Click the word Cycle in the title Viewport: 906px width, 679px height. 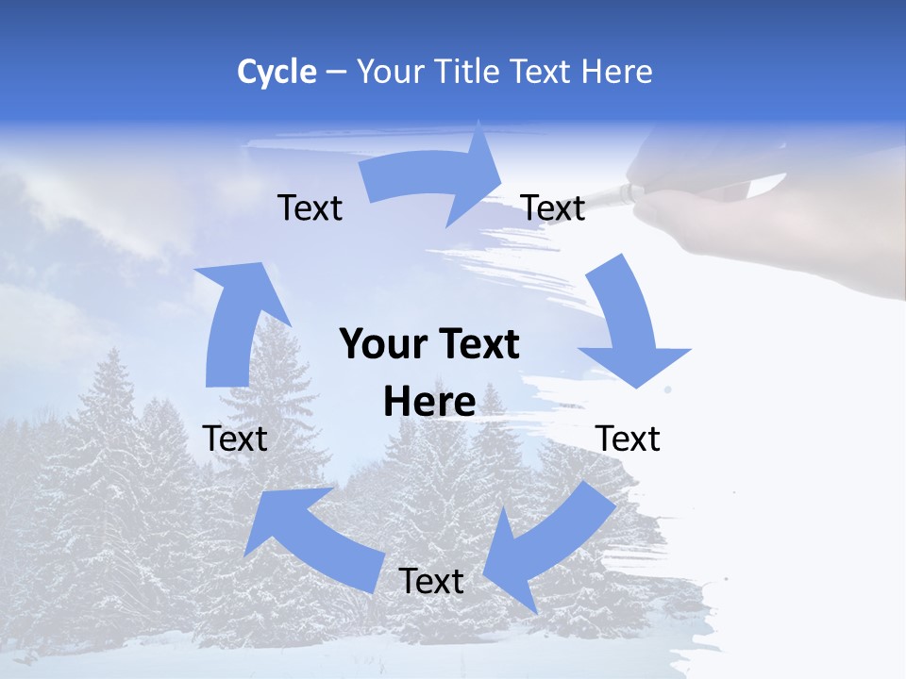pos(277,72)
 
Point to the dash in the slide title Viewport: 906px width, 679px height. pos(336,72)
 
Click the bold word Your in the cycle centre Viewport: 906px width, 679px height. pos(379,344)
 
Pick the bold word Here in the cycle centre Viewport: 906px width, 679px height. pos(429,402)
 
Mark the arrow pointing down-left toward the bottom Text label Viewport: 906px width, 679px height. pos(547,547)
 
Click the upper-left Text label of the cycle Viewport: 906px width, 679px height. pos(310,207)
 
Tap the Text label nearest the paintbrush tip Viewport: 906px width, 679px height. pos(553,207)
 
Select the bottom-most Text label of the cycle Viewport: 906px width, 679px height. pos(431,581)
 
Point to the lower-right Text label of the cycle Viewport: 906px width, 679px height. pos(629,439)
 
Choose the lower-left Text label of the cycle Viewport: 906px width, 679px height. pos(235,439)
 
